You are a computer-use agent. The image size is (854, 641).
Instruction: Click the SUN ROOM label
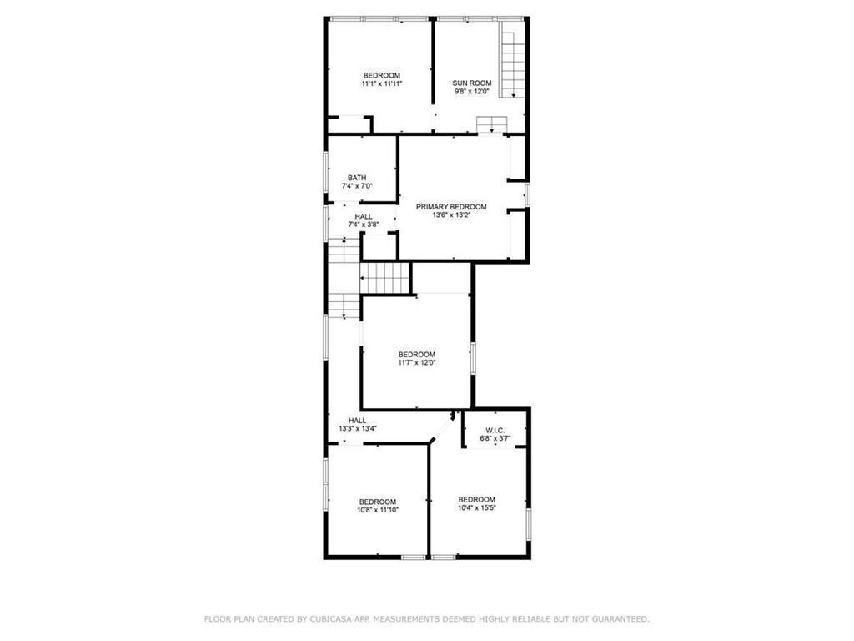[472, 83]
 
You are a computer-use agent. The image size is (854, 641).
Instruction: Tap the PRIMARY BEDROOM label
[451, 206]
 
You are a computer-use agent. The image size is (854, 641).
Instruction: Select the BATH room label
[357, 178]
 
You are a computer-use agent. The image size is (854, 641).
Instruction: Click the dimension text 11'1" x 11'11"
[381, 83]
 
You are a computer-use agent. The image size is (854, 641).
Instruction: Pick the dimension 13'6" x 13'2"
[451, 215]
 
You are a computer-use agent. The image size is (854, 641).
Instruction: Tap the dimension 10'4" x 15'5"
[476, 507]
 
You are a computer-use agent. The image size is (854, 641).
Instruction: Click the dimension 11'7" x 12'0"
[416, 362]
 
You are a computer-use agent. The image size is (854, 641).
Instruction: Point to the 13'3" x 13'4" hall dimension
[358, 428]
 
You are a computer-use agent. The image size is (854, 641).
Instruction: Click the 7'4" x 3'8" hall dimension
[364, 225]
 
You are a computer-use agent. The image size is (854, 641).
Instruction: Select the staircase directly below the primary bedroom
[386, 277]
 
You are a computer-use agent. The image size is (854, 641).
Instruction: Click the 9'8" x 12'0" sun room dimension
[472, 91]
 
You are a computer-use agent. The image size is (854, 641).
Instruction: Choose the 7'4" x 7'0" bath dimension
[357, 186]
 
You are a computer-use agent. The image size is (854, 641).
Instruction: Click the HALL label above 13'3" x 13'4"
[358, 420]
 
